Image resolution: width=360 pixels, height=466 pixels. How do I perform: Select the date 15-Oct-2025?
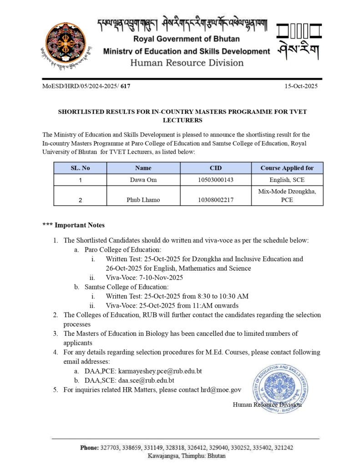301,86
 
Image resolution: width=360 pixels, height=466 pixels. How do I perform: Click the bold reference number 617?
126,86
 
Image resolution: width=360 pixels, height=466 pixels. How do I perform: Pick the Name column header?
143,168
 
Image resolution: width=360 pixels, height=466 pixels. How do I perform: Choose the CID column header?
215,168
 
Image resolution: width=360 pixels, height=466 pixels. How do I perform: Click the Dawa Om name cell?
143,180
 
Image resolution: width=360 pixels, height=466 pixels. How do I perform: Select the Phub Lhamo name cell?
143,200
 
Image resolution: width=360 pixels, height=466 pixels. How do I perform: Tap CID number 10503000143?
215,180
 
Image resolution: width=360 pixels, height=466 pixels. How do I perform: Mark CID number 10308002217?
215,200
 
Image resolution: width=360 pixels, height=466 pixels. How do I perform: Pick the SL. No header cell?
80,168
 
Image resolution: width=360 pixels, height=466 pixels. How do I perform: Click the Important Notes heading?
73,225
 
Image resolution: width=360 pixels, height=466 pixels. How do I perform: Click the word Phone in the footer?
89,448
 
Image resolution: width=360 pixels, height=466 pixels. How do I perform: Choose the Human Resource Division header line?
187,63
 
